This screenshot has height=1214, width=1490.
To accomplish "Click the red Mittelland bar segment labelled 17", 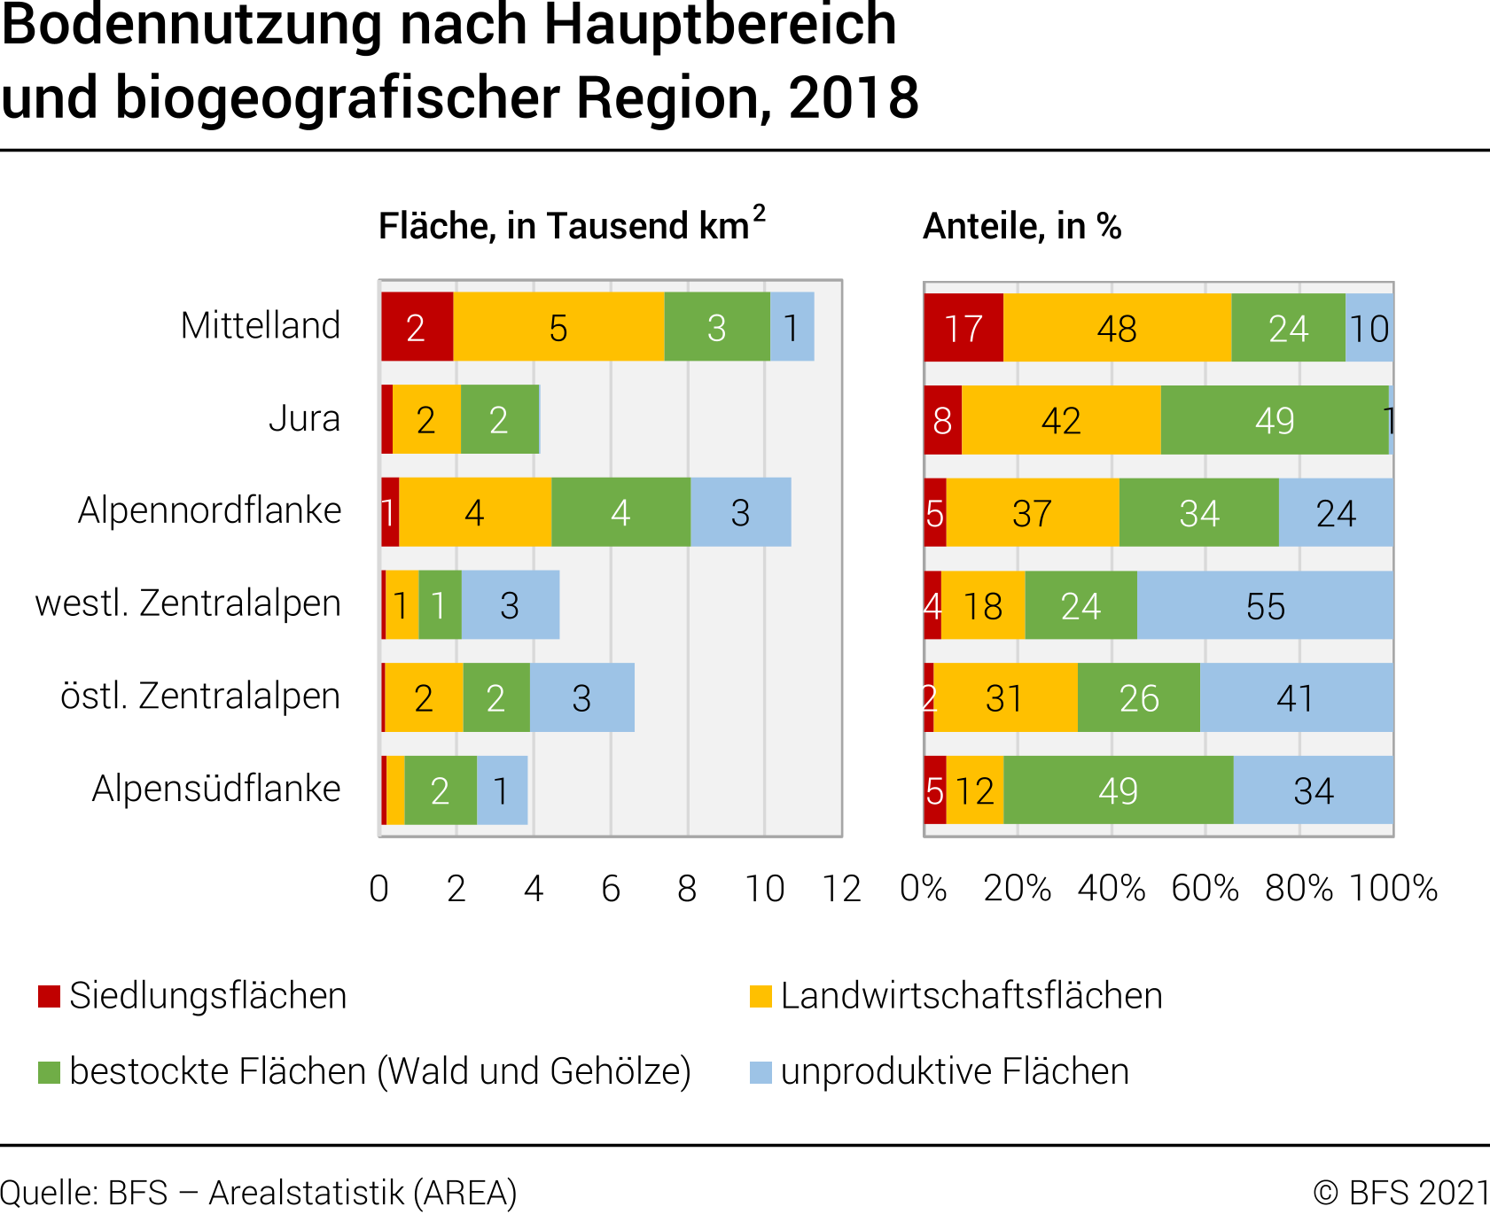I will (963, 328).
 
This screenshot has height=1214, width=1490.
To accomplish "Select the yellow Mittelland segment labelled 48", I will (1117, 328).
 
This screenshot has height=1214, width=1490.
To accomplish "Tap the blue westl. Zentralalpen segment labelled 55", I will (1265, 605).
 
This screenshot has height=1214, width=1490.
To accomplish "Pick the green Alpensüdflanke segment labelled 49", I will (1118, 790).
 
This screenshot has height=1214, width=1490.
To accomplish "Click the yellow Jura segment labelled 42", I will (1061, 420).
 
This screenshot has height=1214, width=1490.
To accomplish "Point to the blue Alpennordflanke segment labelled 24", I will (1336, 512).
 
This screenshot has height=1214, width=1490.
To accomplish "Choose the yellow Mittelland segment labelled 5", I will (558, 327).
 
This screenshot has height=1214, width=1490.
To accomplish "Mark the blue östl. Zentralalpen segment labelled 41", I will (1296, 697).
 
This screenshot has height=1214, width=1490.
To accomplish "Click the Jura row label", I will (304, 418).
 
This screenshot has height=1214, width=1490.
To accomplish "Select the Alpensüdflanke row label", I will (216, 789).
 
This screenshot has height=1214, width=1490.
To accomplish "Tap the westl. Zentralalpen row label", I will (188, 603).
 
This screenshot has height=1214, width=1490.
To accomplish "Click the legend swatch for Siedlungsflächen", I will (50, 996).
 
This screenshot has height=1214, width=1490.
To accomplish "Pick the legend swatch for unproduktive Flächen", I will (761, 1072).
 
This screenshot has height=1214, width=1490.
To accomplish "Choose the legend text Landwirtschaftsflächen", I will (971, 996).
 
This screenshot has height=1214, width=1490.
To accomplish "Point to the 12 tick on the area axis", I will (841, 889).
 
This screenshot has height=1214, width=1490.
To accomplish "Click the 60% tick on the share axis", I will (1205, 889).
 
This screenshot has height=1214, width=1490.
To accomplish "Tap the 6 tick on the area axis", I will (611, 889).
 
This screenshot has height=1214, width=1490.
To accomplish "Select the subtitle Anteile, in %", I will (1022, 227).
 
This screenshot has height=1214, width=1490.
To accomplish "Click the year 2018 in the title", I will (854, 97).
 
